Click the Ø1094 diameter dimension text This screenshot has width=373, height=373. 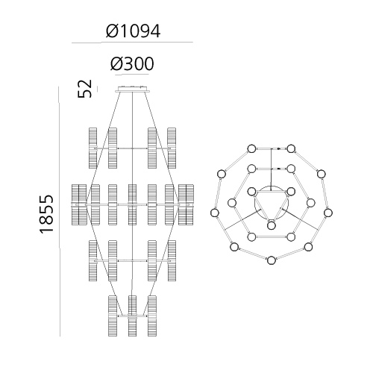click(133, 31)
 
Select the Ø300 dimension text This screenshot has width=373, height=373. click(132, 63)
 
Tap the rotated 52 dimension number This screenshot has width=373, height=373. click(85, 89)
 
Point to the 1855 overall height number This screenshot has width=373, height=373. click(46, 214)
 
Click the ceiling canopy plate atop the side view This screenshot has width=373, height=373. click(133, 90)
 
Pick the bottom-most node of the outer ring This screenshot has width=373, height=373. click(272, 260)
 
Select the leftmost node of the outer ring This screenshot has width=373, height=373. click(214, 213)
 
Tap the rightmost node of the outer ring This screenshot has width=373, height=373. click(328, 213)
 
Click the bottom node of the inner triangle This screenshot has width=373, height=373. click(272, 225)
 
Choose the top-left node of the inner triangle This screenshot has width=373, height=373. click(251, 192)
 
